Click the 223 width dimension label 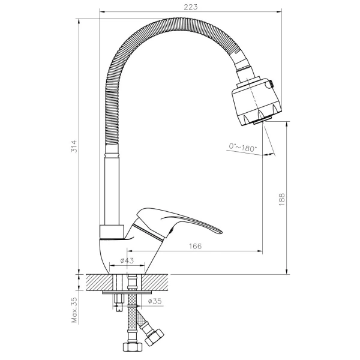pyautogui.click(x=191, y=7)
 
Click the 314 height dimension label pyautogui.click(x=74, y=146)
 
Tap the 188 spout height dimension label pyautogui.click(x=282, y=199)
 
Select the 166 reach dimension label pyautogui.click(x=195, y=246)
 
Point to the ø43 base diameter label pyautogui.click(x=127, y=260)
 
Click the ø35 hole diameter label pyautogui.click(x=155, y=301)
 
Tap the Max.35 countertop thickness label pyautogui.click(x=74, y=310)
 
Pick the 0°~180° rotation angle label pyautogui.click(x=242, y=148)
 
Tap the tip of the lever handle pyautogui.click(x=222, y=232)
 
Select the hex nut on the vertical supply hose pyautogui.click(x=133, y=346)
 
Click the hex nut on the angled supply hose pyautogui.click(x=155, y=335)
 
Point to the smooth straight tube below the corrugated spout pyautogui.click(x=112, y=191)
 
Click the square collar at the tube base pyautogui.click(x=112, y=232)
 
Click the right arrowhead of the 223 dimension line pyautogui.click(x=279, y=11)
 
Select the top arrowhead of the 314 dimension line pyautogui.click(x=79, y=21)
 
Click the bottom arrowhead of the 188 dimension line pyautogui.click(x=287, y=271)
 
